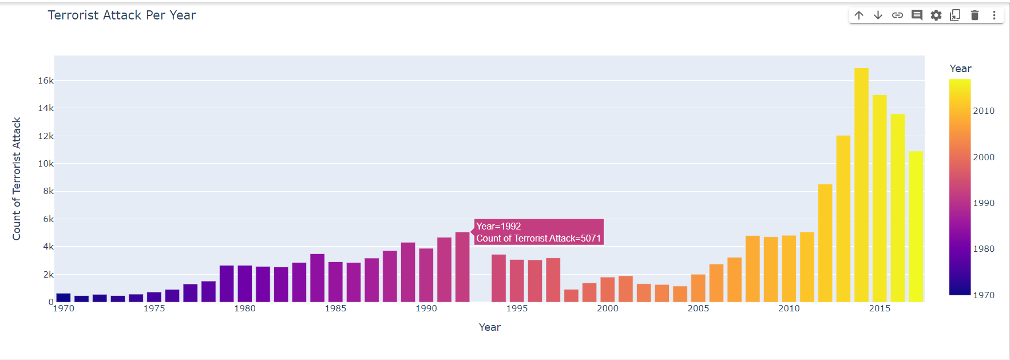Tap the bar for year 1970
tap(64, 298)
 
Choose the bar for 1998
tap(571, 296)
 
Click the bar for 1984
tap(317, 278)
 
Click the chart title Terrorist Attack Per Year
tap(122, 15)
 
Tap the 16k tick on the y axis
tap(46, 81)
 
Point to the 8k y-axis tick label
tap(48, 191)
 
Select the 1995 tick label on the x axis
tap(517, 308)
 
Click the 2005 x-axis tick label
tap(698, 308)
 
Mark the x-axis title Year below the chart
tap(490, 327)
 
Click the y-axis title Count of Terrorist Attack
tap(17, 179)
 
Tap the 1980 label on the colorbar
tap(984, 249)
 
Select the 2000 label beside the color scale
tap(984, 157)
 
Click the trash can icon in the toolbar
tap(975, 15)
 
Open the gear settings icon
tap(936, 15)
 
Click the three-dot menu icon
tap(994, 15)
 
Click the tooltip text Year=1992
tap(498, 227)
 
